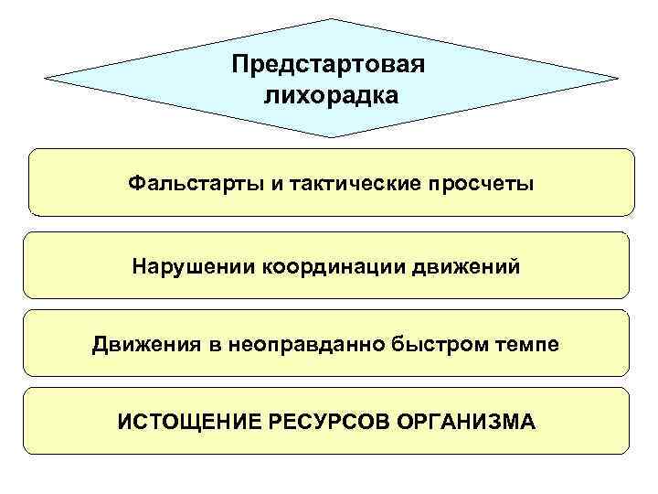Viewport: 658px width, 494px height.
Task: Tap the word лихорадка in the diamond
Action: tap(330, 95)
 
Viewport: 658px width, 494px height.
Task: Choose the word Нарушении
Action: tap(195, 267)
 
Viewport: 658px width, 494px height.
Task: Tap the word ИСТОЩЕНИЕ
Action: tap(186, 423)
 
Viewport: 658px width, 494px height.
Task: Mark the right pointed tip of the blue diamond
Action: tap(619, 79)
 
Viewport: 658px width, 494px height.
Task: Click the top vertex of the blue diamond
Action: tap(330, 19)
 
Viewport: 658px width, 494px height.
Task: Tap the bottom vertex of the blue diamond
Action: tap(330, 137)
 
